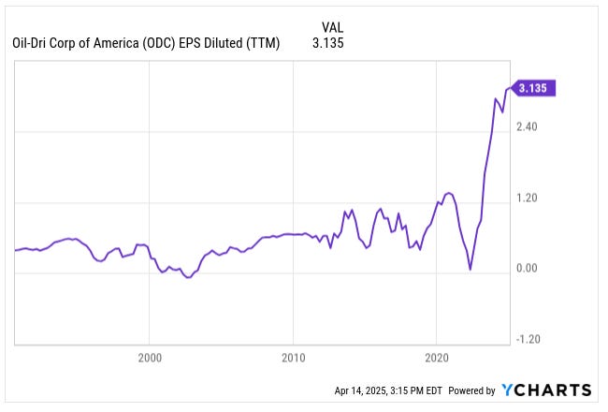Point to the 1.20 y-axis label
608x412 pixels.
[527, 199]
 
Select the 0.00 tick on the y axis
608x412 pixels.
[527, 270]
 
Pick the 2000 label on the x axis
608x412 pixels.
[150, 358]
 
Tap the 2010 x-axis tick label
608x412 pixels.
[293, 358]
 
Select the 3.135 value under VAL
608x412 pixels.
[328, 43]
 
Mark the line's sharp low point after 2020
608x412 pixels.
[470, 269]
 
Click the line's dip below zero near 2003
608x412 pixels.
[188, 278]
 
